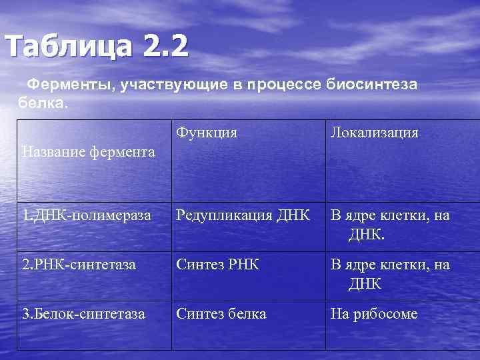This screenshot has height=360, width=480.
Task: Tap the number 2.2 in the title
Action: tap(165, 47)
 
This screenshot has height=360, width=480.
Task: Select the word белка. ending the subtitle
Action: tap(41, 103)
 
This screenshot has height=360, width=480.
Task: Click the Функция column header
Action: tap(207, 132)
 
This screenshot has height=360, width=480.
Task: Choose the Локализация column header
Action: tap(375, 132)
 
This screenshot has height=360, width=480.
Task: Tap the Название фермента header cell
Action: tap(88, 152)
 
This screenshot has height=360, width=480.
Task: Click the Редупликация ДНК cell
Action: tap(243, 215)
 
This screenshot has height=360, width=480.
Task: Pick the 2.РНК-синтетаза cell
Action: tap(79, 265)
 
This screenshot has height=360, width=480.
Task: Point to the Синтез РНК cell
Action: tap(217, 265)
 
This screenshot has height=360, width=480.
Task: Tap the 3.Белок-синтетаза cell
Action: tap(83, 313)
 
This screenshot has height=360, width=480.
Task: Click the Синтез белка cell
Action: tap(221, 313)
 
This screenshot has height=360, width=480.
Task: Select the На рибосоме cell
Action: tap(374, 313)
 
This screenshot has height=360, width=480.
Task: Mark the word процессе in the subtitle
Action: tap(285, 86)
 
